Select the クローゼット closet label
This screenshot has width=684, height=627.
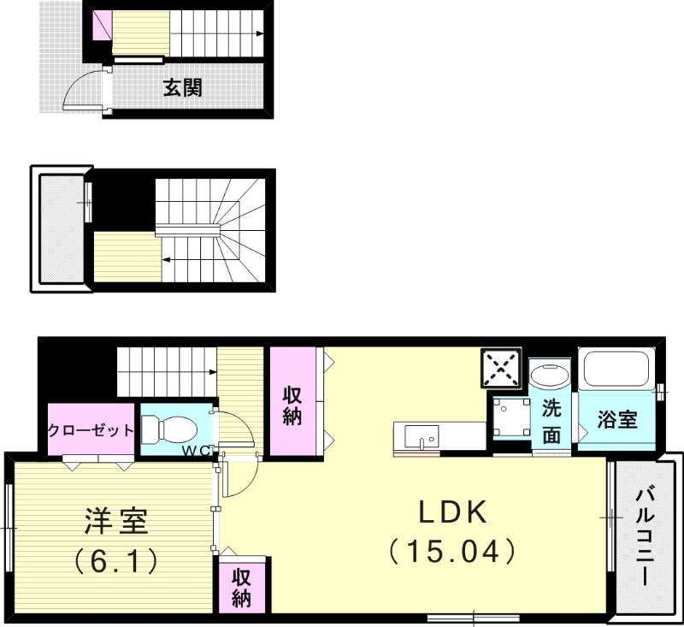click(91, 430)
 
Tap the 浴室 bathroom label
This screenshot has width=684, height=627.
click(617, 420)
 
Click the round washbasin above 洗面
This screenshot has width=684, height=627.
click(549, 376)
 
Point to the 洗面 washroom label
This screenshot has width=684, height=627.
click(552, 421)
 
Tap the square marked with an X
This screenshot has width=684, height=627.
click(501, 368)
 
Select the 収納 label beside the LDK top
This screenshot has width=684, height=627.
click(293, 406)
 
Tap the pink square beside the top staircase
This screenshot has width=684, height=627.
click(102, 24)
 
